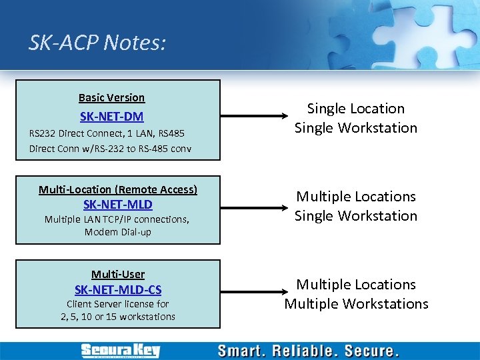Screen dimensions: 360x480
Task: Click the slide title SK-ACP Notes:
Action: pos(97,43)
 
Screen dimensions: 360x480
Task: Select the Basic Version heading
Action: pos(111,97)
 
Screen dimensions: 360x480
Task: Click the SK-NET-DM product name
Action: pos(111,117)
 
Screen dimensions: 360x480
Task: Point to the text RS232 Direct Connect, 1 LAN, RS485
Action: pos(107,133)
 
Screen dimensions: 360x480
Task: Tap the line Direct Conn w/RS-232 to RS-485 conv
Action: pos(110,148)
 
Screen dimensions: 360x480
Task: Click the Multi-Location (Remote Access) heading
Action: pos(118,189)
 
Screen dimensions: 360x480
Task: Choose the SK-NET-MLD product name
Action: pos(117,205)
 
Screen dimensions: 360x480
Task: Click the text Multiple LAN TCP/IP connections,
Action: pos(117,219)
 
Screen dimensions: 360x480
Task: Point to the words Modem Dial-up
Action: pos(118,232)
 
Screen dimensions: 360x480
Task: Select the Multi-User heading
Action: pos(118,274)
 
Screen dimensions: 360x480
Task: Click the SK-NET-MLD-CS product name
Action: pos(118,290)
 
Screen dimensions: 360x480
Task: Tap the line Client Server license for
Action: pos(118,304)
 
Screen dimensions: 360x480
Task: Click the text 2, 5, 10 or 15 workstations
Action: pos(118,317)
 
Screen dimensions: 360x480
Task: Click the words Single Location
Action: pos(356,109)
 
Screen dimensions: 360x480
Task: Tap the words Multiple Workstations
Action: pos(356,304)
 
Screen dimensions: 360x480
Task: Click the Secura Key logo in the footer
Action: pos(121,351)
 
